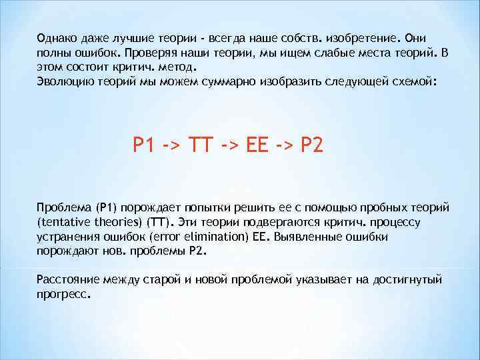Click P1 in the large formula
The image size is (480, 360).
click(144, 145)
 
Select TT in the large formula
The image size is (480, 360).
click(202, 145)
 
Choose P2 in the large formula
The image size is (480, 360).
click(313, 145)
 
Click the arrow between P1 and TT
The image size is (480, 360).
click(173, 145)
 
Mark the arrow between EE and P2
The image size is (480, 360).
click(287, 145)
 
